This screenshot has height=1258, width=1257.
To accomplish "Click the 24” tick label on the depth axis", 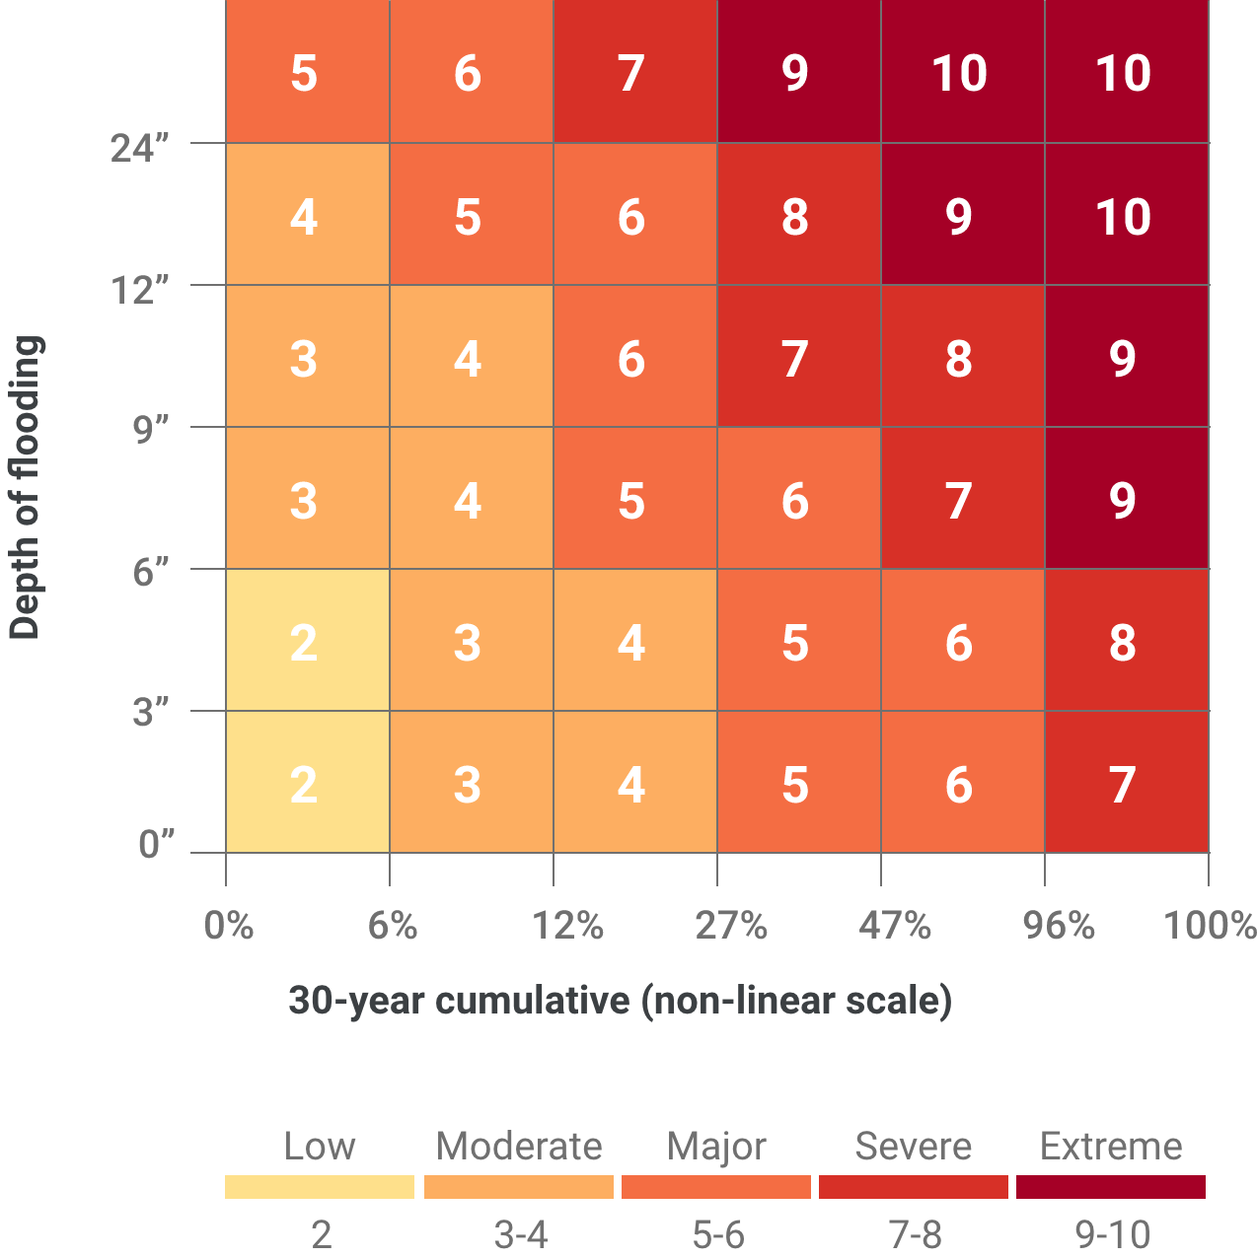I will pyautogui.click(x=140, y=148).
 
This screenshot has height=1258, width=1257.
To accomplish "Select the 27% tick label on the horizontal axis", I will pyautogui.click(x=731, y=926).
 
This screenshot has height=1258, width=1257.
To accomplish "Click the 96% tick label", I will pyautogui.click(x=1059, y=926).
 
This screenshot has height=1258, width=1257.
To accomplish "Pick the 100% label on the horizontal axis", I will pyautogui.click(x=1209, y=926).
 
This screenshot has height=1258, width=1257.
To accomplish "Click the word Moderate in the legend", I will pyautogui.click(x=519, y=1147).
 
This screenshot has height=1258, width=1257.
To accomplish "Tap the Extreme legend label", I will pyautogui.click(x=1111, y=1147).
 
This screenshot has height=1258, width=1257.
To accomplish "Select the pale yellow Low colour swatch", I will pyautogui.click(x=320, y=1187).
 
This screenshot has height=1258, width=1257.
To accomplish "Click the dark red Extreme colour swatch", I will pyautogui.click(x=1111, y=1187).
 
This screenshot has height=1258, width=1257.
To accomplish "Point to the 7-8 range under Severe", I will pyautogui.click(x=915, y=1234).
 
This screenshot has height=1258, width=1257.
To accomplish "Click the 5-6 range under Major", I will pyautogui.click(x=717, y=1234).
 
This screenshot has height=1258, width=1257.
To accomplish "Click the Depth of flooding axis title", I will pyautogui.click(x=26, y=488).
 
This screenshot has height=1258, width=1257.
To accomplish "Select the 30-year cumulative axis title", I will pyautogui.click(x=620, y=1001).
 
